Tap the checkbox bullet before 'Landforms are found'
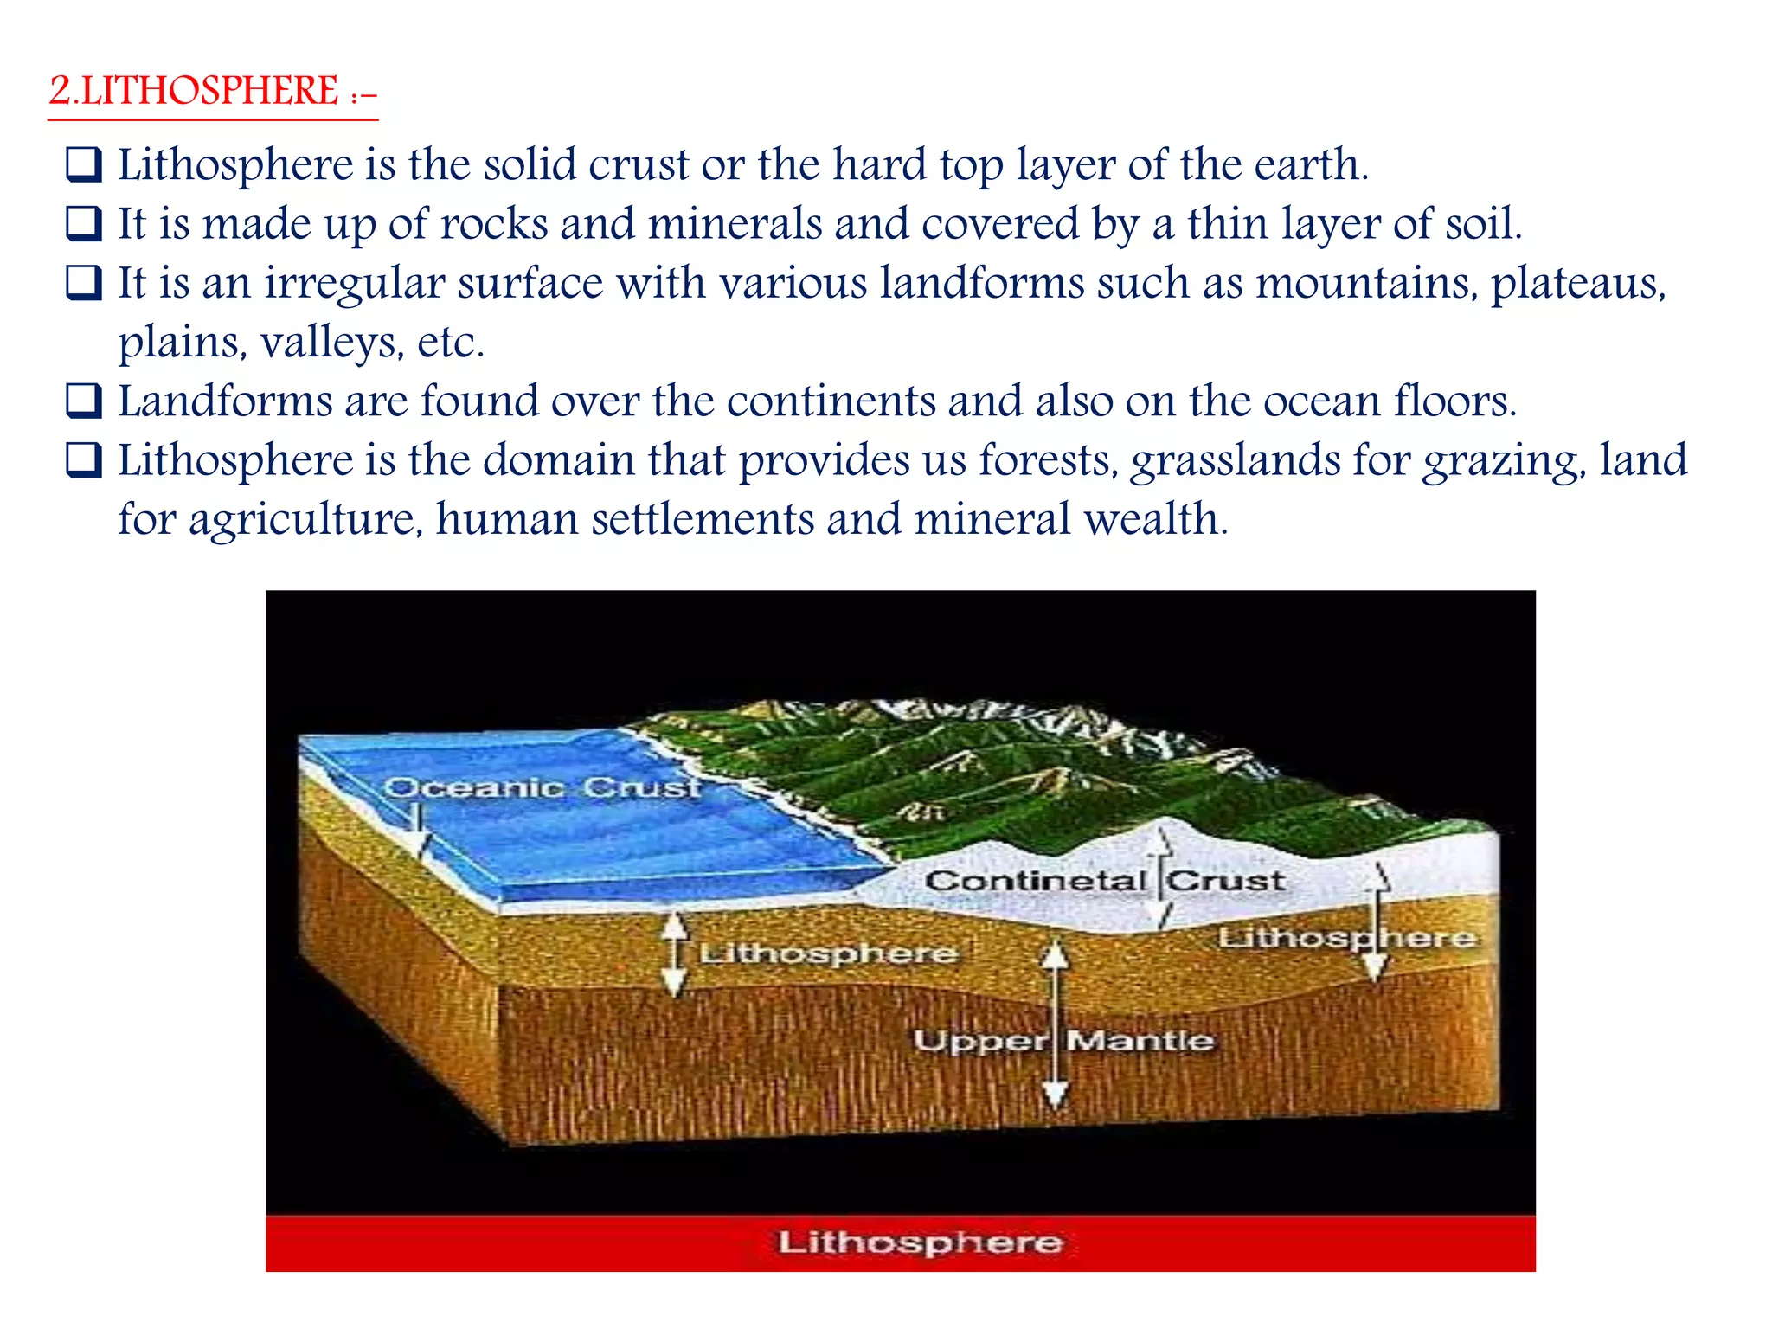84,401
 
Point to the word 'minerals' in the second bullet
735,224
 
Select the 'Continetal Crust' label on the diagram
1104,882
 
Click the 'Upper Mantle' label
1063,1040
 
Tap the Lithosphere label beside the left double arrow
829,953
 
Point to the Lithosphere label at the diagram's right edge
1346,938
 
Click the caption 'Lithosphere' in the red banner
919,1242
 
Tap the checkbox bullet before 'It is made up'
84,224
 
